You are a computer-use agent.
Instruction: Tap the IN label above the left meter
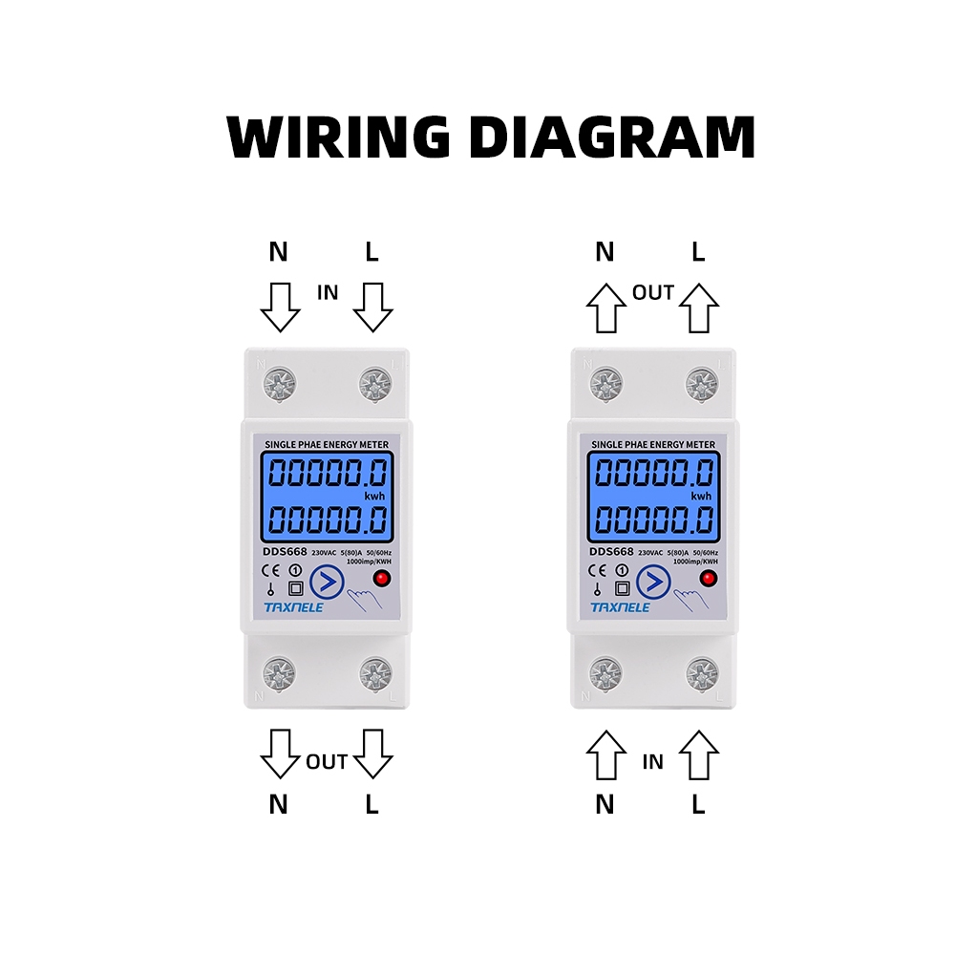(328, 293)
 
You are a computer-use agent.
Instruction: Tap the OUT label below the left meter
(327, 762)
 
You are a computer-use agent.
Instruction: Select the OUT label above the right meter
(653, 293)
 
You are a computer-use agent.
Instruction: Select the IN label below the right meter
(653, 762)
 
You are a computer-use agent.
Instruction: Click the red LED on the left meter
(381, 580)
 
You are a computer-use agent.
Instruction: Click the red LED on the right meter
(709, 580)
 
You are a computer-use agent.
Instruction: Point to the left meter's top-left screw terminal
(280, 385)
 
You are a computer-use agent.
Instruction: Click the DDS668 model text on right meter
(611, 552)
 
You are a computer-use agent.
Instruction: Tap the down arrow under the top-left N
(280, 306)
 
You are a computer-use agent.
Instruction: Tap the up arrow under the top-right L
(699, 308)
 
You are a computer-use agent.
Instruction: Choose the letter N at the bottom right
(605, 805)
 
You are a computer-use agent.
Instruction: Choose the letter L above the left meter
(372, 252)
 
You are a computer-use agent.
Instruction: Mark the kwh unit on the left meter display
(373, 496)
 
